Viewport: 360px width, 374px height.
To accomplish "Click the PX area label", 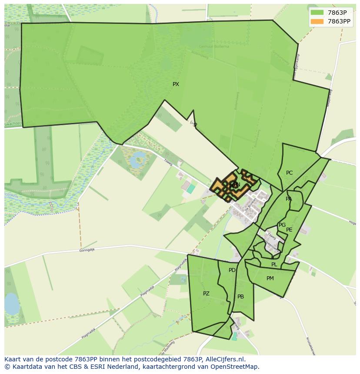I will (x=176, y=84).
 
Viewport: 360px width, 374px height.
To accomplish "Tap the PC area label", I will (x=289, y=173).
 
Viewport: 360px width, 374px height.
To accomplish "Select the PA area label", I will (x=289, y=199).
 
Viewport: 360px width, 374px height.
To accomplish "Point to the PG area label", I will (x=282, y=225).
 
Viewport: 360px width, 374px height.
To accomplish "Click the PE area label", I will (x=289, y=230).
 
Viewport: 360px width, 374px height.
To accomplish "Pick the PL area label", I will (x=274, y=265).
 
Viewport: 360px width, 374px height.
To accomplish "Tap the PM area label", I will (x=270, y=278).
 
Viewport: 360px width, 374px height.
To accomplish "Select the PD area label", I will (x=232, y=270).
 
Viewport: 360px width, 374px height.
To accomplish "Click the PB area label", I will (x=240, y=297).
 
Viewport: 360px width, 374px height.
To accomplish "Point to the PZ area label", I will (x=206, y=294).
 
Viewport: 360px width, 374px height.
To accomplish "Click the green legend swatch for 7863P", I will (x=317, y=13).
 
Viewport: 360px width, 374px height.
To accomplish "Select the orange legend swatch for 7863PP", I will (x=317, y=21).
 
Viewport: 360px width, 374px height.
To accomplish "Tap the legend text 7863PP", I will (x=339, y=21).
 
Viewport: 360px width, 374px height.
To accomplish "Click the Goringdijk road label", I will (x=87, y=250).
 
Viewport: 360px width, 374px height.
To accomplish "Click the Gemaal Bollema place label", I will (x=213, y=46).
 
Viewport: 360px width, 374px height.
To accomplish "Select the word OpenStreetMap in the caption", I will (x=236, y=367).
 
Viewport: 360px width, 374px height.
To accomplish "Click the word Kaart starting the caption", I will (x=13, y=360).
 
